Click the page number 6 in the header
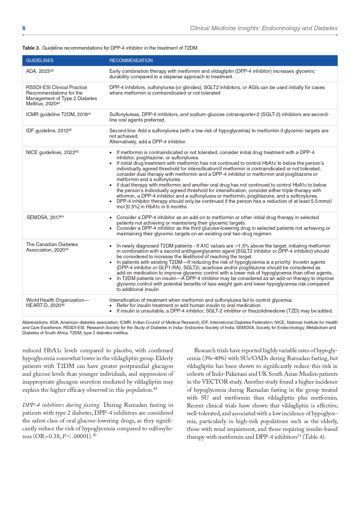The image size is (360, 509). (24, 28)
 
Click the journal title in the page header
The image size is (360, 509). (263, 28)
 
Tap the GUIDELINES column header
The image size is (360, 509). (40, 60)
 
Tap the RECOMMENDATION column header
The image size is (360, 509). (131, 60)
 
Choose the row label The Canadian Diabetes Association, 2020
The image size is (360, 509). (52, 247)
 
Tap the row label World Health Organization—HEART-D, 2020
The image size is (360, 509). (57, 302)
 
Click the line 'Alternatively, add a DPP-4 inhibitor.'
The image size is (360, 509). (148, 142)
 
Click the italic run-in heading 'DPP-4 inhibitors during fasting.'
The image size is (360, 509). (61, 405)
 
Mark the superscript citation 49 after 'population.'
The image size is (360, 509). (155, 389)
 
